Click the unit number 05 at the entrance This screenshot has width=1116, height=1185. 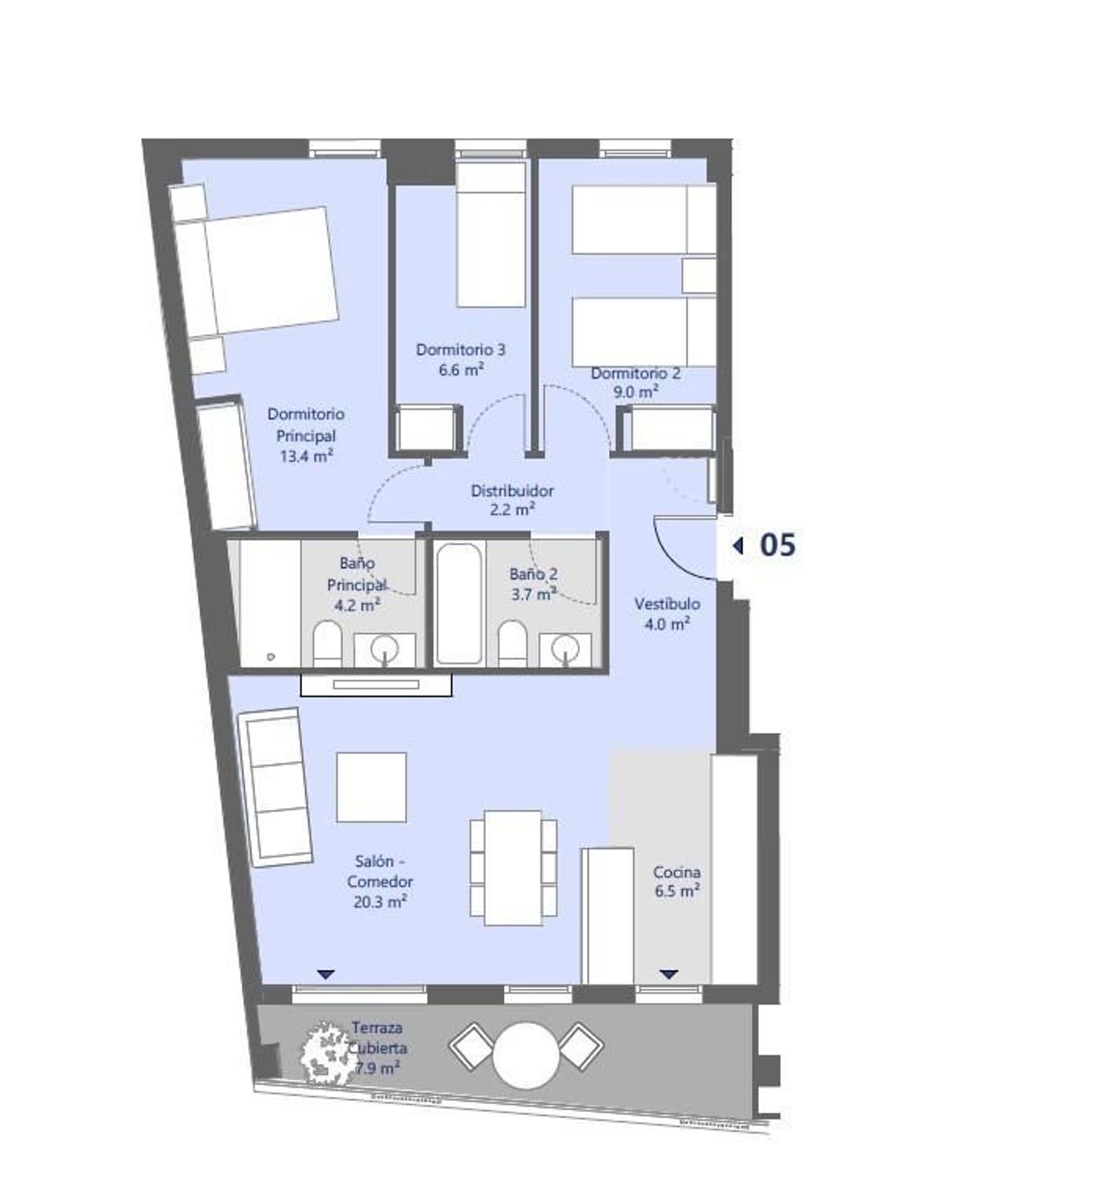tap(777, 545)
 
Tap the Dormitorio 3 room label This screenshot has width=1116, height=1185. tap(461, 349)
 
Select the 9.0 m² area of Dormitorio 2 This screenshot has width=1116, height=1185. tap(635, 392)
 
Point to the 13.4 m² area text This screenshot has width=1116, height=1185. tap(306, 456)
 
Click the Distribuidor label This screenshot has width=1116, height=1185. tap(512, 491)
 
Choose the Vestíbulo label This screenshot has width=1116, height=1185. tap(667, 604)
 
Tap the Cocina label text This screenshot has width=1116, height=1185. tap(676, 872)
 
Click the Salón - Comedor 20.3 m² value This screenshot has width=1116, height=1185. tap(379, 902)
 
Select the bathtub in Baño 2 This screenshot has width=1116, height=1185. tap(459, 603)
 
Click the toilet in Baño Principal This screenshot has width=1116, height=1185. tap(327, 644)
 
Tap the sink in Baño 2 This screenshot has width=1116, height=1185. tap(565, 649)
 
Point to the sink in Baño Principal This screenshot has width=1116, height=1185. tap(385, 649)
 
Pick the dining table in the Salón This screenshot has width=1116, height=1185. tap(513, 868)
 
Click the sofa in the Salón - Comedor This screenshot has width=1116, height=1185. tap(275, 787)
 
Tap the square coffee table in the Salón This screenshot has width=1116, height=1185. tap(371, 787)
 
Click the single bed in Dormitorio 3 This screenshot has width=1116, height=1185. tap(491, 234)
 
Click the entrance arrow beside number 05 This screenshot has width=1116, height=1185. tap(738, 545)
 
